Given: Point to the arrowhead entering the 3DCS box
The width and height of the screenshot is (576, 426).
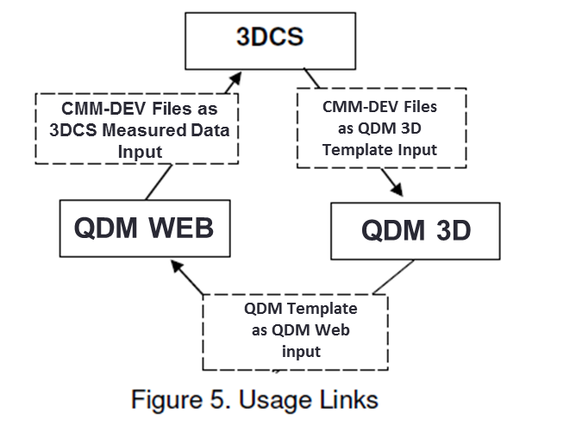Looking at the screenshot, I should (235, 79).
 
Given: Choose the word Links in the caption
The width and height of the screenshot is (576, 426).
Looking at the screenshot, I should (344, 400).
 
